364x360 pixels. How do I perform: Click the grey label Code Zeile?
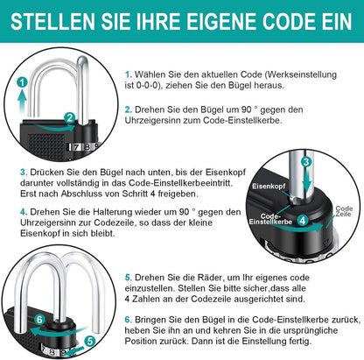point(343,211)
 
